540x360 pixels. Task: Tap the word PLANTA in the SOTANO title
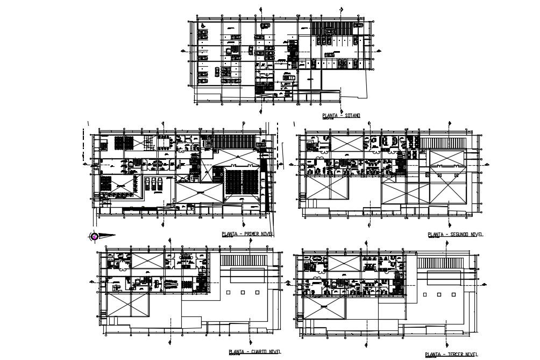pyautogui.click(x=330, y=116)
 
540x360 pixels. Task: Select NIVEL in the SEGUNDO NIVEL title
pyautogui.click(x=477, y=235)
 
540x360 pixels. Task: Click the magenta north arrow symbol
pyautogui.click(x=95, y=236)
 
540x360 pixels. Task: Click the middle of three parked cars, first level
pyautogui.click(x=154, y=183)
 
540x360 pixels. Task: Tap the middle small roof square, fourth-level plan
pyautogui.click(x=243, y=293)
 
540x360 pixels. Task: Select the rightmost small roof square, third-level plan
pyautogui.click(x=453, y=294)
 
